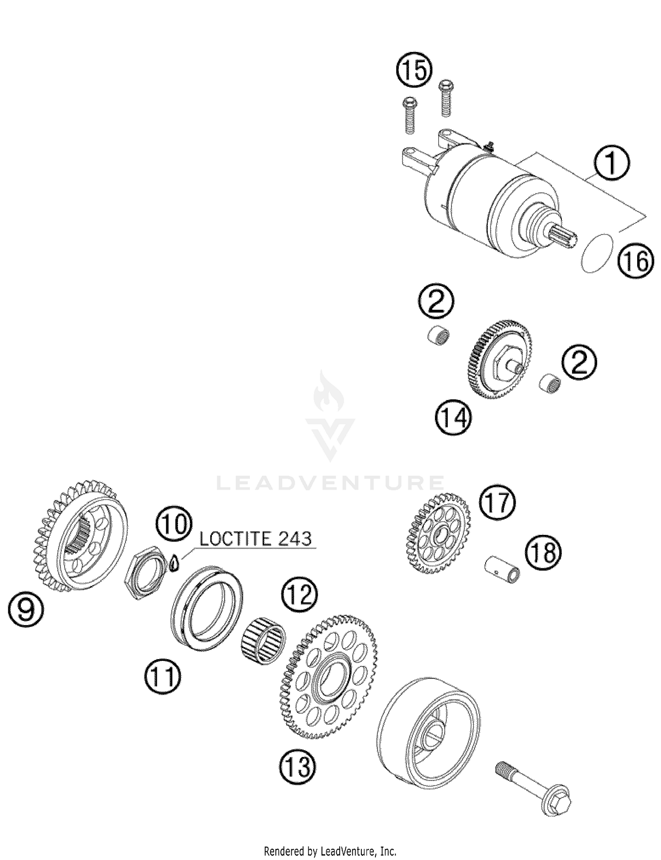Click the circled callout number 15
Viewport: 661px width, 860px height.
tap(414, 70)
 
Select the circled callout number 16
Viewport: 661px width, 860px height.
tap(635, 261)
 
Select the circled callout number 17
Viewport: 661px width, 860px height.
tap(497, 503)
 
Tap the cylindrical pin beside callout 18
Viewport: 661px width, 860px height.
tap(502, 571)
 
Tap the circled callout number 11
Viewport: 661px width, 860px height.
tap(162, 678)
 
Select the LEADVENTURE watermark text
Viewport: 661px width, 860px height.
tap(330, 483)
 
